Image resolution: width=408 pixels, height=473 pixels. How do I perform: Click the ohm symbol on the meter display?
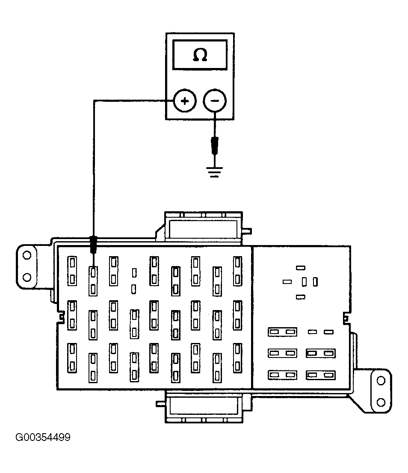(200, 55)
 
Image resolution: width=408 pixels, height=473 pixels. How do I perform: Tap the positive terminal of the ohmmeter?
(185, 101)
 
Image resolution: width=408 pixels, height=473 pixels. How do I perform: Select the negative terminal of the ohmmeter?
(214, 101)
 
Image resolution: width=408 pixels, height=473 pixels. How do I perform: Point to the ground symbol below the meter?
(214, 172)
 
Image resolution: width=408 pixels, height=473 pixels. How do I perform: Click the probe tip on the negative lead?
(214, 145)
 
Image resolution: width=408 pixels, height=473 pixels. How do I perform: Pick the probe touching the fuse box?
(93, 244)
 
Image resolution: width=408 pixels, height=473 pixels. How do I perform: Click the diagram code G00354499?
(43, 437)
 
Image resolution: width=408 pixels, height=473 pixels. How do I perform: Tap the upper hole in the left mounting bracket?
(27, 255)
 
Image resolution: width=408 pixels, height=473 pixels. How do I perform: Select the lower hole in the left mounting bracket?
(27, 277)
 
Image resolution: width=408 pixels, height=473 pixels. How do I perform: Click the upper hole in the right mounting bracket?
(381, 380)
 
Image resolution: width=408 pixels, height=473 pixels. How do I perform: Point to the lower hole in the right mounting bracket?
(381, 402)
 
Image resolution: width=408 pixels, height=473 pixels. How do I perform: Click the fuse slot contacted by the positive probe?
(93, 281)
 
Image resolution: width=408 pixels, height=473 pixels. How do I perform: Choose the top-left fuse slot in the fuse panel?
(72, 271)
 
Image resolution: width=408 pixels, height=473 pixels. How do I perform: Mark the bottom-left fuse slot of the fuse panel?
(72, 358)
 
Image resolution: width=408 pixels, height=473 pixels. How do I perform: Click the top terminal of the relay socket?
(301, 268)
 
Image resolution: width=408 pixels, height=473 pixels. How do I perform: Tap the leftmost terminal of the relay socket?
(287, 281)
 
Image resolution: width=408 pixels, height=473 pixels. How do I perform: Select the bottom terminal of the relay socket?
(301, 297)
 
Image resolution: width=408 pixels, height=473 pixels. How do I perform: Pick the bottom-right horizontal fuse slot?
(321, 375)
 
